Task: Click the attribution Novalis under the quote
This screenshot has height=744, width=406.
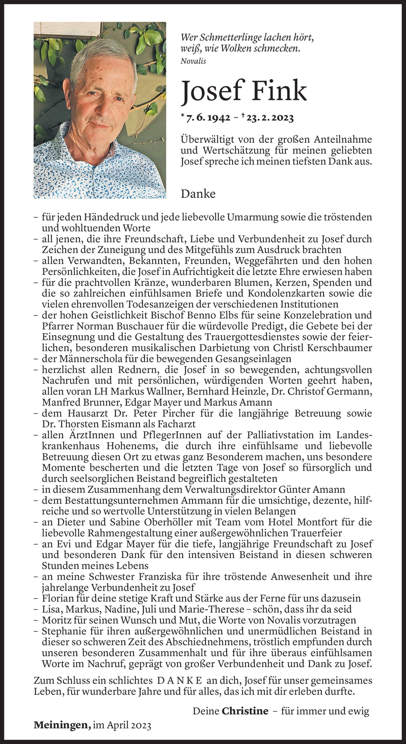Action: point(193,61)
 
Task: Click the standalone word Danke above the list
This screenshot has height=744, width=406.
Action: point(198,194)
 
